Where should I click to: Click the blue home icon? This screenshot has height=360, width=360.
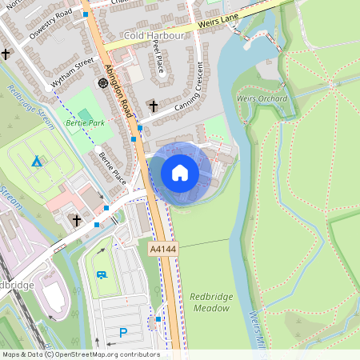click(x=180, y=173)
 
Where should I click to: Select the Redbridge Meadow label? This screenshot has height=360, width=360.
click(x=212, y=302)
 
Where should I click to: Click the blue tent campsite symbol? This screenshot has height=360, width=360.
click(x=36, y=161)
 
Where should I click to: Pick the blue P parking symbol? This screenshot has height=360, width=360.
click(x=123, y=332)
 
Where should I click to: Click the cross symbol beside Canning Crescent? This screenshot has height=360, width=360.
click(x=153, y=106)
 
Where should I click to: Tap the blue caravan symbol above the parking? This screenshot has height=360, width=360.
click(x=102, y=274)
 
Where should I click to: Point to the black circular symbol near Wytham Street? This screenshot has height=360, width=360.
click(x=102, y=82)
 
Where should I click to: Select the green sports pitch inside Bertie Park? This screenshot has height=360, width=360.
click(x=84, y=114)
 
